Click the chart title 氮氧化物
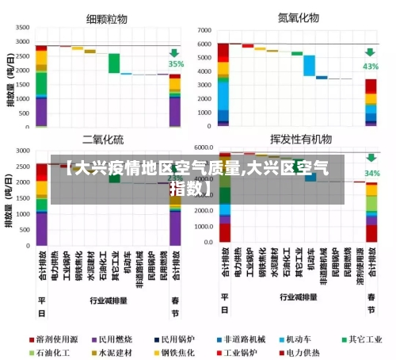298,16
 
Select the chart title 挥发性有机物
301,139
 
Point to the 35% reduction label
175,64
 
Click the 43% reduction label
371,67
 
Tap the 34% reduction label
371,172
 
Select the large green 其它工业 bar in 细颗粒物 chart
114,63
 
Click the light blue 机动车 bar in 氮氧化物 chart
309,65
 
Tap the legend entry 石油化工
57,351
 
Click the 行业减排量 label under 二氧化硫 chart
107,301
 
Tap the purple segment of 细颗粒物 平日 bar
41,110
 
